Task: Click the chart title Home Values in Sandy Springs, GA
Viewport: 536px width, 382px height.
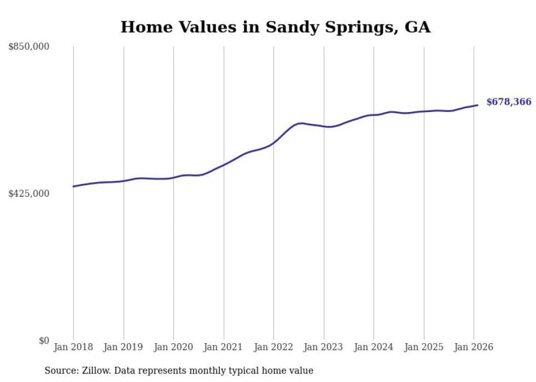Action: point(275,27)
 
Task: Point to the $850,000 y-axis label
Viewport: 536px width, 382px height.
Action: point(29,47)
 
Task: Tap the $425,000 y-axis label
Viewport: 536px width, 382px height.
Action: point(29,193)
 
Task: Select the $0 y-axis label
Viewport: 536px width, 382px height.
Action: point(44,340)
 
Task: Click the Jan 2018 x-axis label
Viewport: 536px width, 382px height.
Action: point(73,347)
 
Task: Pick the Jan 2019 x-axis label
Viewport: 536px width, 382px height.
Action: point(124,347)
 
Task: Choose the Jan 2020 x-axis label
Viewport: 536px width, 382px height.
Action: point(173,347)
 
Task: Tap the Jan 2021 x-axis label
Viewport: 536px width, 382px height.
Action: point(224,347)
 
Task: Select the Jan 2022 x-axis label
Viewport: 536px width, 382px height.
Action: point(273,347)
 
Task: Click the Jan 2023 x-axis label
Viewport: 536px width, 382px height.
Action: point(324,347)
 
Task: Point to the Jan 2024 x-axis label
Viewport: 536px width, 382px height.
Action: point(374,347)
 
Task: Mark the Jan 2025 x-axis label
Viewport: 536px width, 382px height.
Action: point(424,347)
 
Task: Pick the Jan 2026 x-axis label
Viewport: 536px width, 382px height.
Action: point(474,347)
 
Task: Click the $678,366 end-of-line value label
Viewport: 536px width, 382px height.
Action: point(509,102)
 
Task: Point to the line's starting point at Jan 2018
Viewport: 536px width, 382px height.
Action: point(73,186)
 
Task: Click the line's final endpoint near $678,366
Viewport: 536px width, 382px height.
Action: point(477,105)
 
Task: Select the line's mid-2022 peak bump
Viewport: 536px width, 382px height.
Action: point(300,124)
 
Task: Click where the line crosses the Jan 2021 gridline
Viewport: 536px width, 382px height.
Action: point(224,164)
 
